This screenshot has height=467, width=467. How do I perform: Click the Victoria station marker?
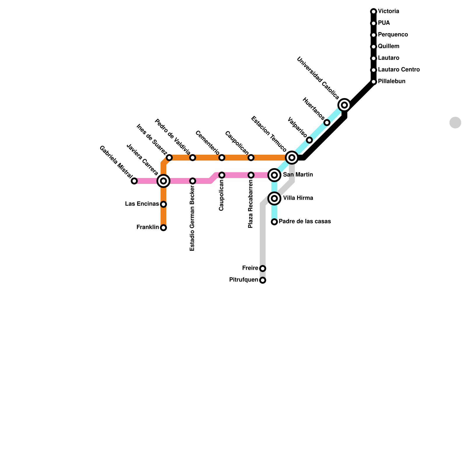pos(374,12)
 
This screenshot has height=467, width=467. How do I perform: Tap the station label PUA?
pos(384,23)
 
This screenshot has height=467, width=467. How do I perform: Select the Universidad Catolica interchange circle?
pos(344,105)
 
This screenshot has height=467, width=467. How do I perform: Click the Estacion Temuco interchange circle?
pos(292,158)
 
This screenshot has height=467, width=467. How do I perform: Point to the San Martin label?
pos(298,175)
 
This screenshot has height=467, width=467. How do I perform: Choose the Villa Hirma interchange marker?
pos(274,198)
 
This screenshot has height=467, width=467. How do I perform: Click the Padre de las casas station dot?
pos(274,222)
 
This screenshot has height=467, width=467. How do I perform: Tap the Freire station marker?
pos(263,269)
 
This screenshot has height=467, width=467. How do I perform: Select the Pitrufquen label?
pos(244,280)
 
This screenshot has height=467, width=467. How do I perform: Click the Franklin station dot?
pos(163,228)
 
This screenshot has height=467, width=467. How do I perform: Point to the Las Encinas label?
pos(142,204)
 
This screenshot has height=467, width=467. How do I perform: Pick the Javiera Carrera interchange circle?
pos(163,181)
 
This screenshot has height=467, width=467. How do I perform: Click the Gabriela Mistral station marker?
pos(134,181)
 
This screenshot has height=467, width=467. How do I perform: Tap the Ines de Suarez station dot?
pos(169,158)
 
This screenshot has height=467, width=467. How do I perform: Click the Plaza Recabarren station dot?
pos(251,175)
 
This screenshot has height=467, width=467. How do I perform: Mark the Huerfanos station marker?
pos(327,123)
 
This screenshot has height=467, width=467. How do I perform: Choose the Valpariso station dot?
pos(309,140)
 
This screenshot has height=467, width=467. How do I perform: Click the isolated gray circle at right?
pos(455,123)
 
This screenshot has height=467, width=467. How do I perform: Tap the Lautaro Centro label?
pos(399,70)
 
